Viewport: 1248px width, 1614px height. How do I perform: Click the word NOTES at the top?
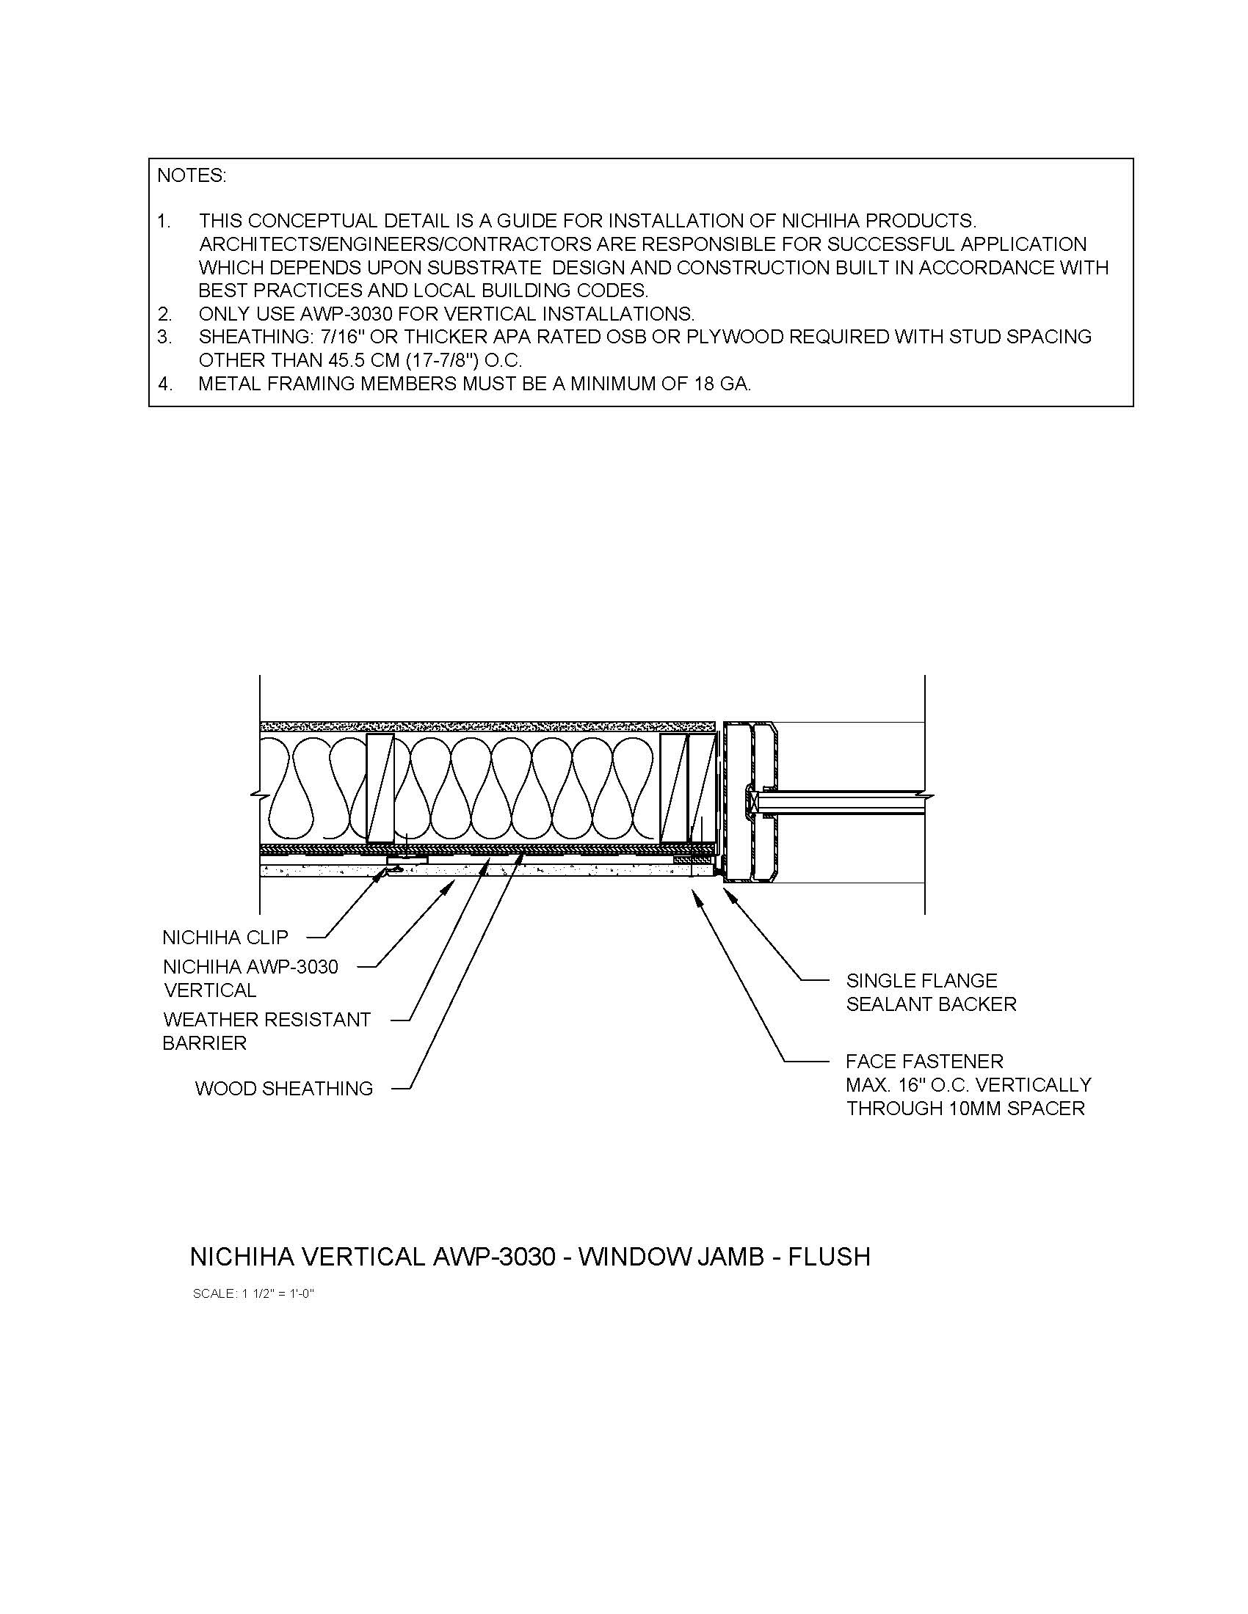[192, 176]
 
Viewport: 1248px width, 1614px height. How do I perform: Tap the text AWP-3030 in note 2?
[346, 313]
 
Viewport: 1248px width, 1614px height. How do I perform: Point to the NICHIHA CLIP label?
[225, 938]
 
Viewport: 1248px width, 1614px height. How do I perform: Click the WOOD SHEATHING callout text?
[284, 1089]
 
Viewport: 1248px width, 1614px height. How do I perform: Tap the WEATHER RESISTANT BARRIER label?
[266, 1031]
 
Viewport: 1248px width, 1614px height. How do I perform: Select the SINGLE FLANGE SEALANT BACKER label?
[931, 992]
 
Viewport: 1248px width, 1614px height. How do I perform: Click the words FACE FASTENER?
[924, 1062]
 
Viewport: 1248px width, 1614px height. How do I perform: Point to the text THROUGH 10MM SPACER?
[965, 1109]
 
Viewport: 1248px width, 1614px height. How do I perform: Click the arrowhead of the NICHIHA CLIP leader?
[385, 872]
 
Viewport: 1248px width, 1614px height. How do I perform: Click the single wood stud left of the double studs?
[380, 788]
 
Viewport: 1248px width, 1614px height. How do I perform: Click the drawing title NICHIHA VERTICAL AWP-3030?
[530, 1256]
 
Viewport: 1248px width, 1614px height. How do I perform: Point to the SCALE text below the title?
[253, 1293]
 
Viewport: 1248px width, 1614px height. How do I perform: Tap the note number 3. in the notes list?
[164, 337]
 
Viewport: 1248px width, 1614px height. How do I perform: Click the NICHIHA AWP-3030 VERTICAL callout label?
[250, 978]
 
